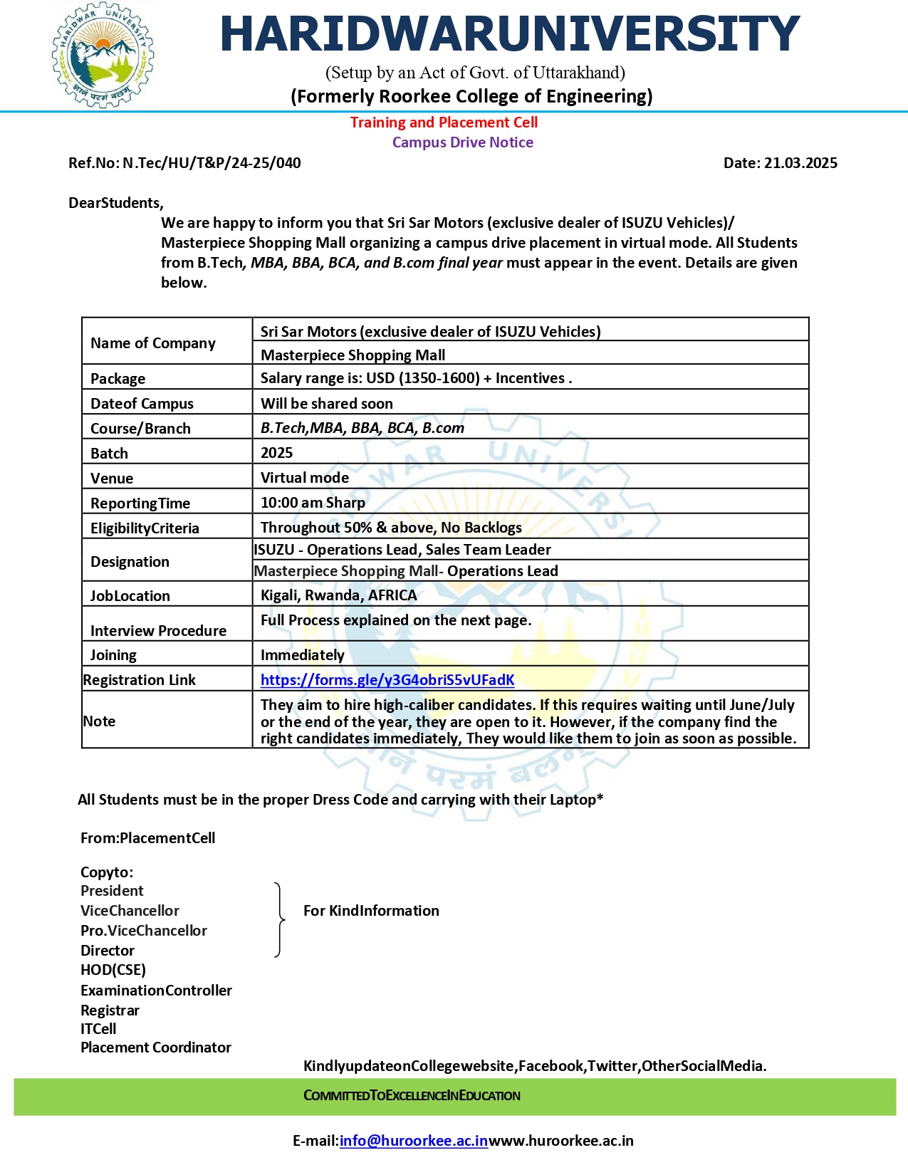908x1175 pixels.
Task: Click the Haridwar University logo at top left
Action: pyautogui.click(x=103, y=55)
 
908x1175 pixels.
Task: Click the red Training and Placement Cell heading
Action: pyautogui.click(x=444, y=122)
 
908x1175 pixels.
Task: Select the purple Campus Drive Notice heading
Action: pyautogui.click(x=462, y=142)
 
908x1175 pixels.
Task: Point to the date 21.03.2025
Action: pyautogui.click(x=800, y=163)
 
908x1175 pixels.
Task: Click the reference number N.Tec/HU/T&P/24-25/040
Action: pyautogui.click(x=212, y=163)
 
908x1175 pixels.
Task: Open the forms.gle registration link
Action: pyautogui.click(x=387, y=680)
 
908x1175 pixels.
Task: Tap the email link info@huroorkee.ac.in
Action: pyautogui.click(x=413, y=1141)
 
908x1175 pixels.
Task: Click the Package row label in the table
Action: pyautogui.click(x=118, y=379)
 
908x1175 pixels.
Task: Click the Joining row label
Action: pyautogui.click(x=113, y=655)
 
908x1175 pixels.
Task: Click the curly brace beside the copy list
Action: pyautogui.click(x=279, y=920)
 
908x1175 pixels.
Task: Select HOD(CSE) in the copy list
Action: pyautogui.click(x=113, y=970)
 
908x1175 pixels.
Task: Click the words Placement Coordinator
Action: pyautogui.click(x=155, y=1048)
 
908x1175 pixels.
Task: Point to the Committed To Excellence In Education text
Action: pyautogui.click(x=412, y=1096)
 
